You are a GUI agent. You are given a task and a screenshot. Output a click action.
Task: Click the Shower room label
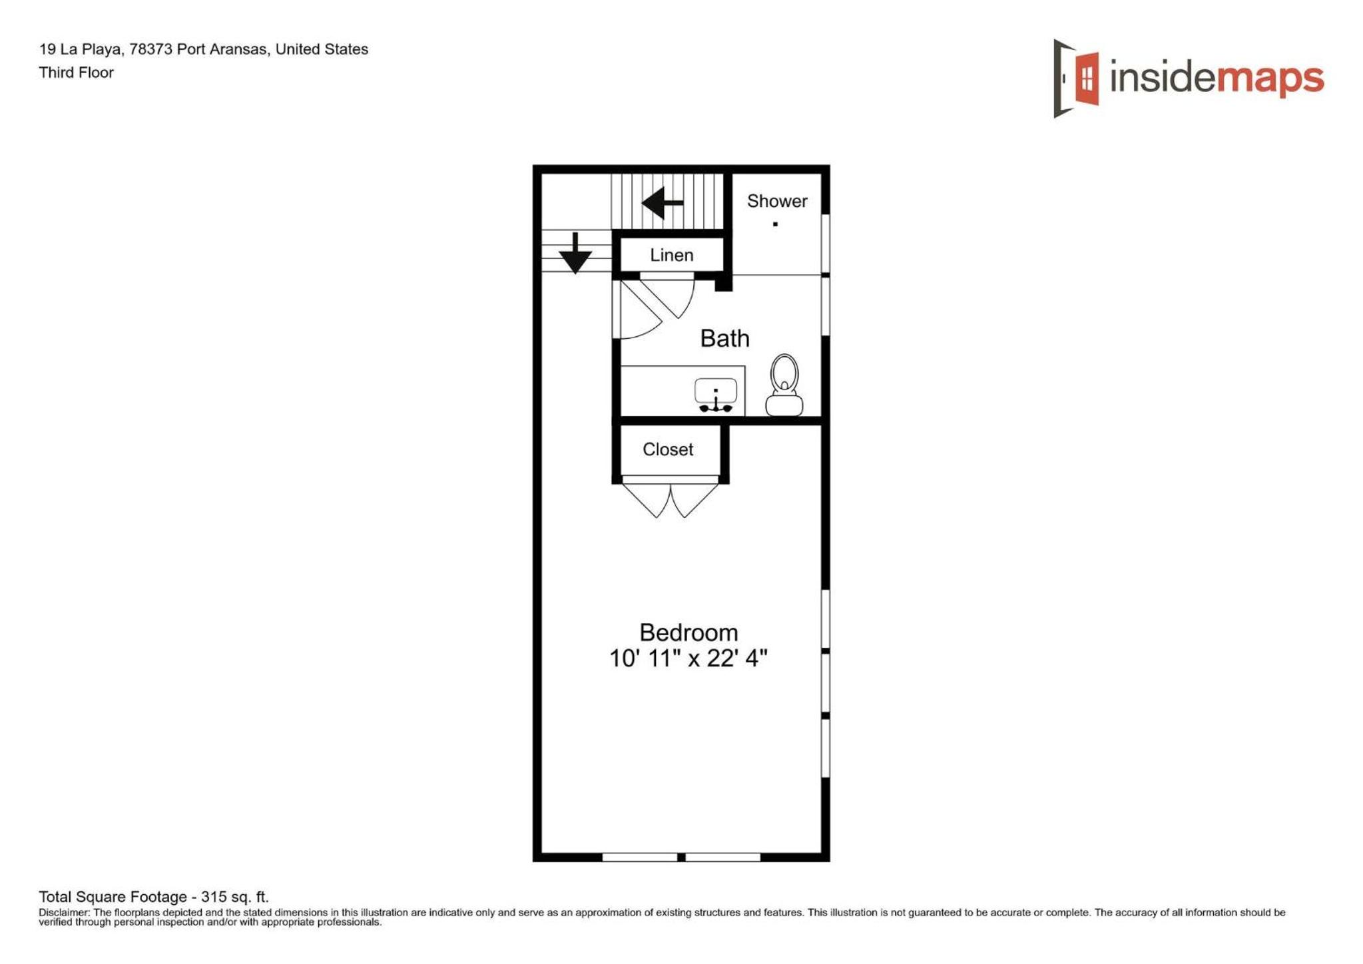(776, 201)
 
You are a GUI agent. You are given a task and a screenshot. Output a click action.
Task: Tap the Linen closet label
(671, 255)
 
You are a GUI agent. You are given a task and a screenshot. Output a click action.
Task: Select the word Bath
(724, 338)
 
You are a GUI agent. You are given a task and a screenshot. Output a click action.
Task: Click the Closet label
(668, 449)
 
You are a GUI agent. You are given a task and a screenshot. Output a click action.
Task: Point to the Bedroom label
(688, 632)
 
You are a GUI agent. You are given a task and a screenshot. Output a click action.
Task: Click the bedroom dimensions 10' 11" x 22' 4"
(688, 658)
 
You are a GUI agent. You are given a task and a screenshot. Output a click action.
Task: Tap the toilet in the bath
(784, 385)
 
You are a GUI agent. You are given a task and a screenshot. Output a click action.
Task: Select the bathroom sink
(715, 395)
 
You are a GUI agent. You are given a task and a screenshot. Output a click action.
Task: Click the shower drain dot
(775, 224)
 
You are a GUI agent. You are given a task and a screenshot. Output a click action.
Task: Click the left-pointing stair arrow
(663, 202)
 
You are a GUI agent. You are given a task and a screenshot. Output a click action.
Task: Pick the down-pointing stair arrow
(575, 253)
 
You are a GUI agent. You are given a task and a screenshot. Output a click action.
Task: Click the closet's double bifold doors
(670, 500)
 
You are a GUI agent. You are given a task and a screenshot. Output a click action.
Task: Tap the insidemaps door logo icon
(1075, 78)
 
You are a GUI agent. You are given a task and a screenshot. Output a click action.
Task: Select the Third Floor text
(76, 73)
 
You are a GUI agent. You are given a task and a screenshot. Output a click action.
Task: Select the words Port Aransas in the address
(223, 49)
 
